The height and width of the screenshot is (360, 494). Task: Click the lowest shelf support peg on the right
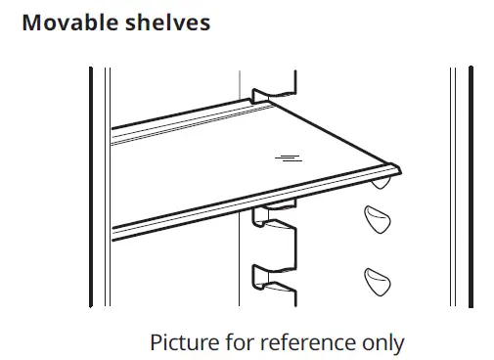[x=378, y=283]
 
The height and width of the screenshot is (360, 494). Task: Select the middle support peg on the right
[x=377, y=220]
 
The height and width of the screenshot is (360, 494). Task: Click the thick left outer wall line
[x=90, y=186]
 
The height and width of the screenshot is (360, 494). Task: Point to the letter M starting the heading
[x=31, y=22]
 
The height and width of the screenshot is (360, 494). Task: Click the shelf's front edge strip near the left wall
[x=127, y=231]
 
